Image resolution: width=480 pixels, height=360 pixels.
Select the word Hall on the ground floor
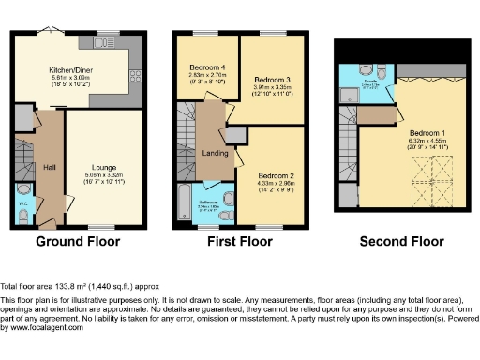(x=50, y=167)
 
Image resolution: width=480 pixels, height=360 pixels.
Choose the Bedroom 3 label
(x=270, y=81)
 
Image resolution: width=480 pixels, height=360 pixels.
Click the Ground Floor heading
(x=79, y=242)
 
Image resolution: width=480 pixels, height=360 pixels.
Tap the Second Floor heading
(x=401, y=242)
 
